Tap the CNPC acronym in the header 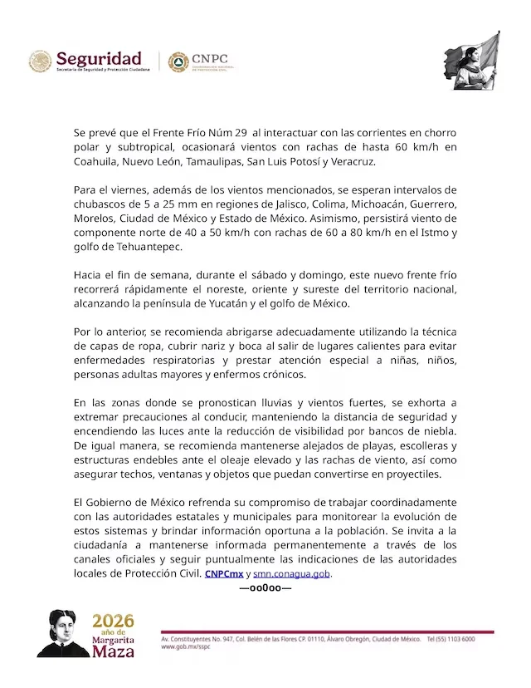coord(210,59)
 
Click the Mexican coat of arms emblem coord(41,61)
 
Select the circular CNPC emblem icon coord(178,61)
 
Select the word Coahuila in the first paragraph coord(95,161)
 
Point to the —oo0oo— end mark coord(265,588)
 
